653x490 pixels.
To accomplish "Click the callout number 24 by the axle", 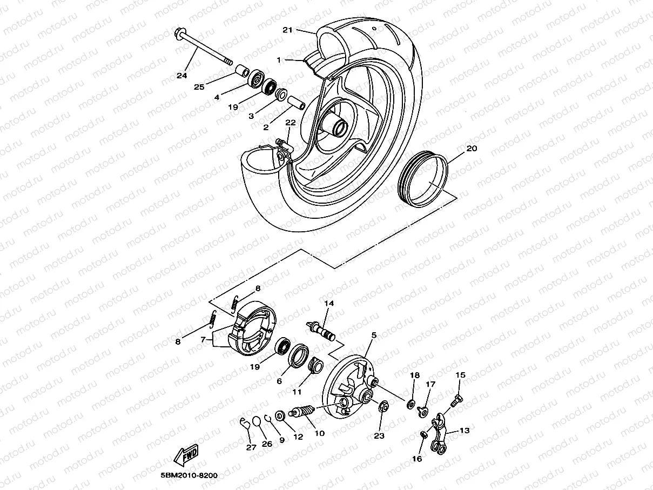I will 181,76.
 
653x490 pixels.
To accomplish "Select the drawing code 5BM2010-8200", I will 189,475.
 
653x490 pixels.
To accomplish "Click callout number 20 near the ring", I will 472,148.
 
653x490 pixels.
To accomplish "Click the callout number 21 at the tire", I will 287,30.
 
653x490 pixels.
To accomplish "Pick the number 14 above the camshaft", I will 329,304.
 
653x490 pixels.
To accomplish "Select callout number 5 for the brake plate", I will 373,335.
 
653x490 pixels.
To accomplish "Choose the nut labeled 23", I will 381,407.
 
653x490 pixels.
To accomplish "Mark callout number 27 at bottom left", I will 251,447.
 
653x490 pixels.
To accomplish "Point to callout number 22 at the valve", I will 290,123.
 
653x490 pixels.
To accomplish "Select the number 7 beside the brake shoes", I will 203,339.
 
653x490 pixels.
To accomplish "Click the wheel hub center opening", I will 342,129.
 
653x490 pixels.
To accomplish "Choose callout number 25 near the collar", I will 199,87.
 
